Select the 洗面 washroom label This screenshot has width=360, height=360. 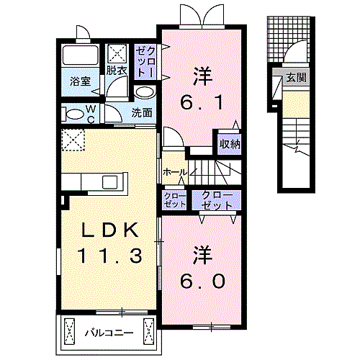pyautogui.click(x=142, y=113)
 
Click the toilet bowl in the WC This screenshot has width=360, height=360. pyautogui.click(x=73, y=114)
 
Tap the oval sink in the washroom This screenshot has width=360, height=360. pyautogui.click(x=144, y=93)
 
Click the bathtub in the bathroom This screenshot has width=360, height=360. pyautogui.click(x=80, y=57)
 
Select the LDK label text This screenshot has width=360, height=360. pyautogui.click(x=108, y=230)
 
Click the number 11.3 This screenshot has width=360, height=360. pyautogui.click(x=108, y=254)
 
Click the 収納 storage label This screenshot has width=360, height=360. pyautogui.click(x=228, y=143)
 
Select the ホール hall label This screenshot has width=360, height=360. pyautogui.click(x=175, y=173)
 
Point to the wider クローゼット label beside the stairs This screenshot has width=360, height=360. pyautogui.click(x=216, y=199)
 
